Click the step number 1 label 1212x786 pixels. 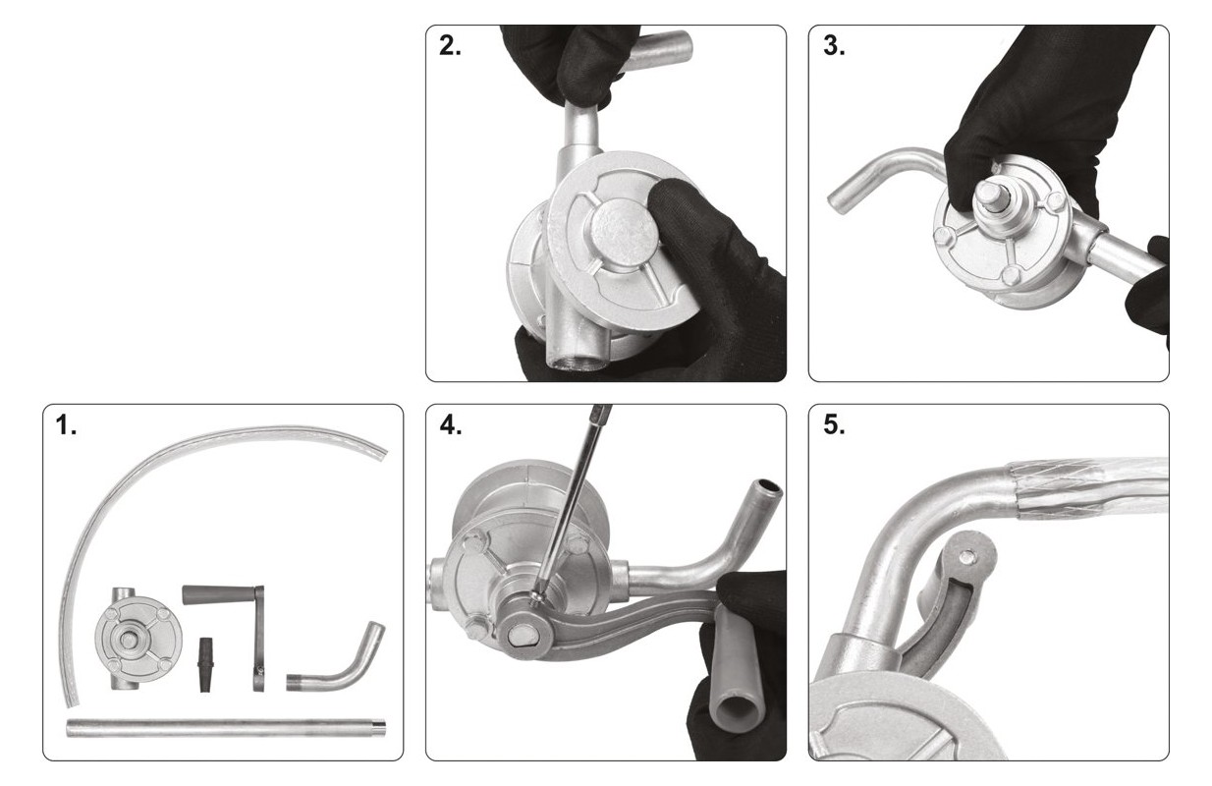pos(66,426)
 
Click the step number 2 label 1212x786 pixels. pos(450,46)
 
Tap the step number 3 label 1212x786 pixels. pos(834,46)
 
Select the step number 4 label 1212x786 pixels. pos(450,425)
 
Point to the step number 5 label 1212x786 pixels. pos(834,425)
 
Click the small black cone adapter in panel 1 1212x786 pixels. pos(206,664)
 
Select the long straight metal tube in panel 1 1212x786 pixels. pos(226,727)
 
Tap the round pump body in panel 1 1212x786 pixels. pos(138,639)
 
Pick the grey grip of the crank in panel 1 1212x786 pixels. pos(217,595)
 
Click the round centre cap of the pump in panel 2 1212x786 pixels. pos(624,232)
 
